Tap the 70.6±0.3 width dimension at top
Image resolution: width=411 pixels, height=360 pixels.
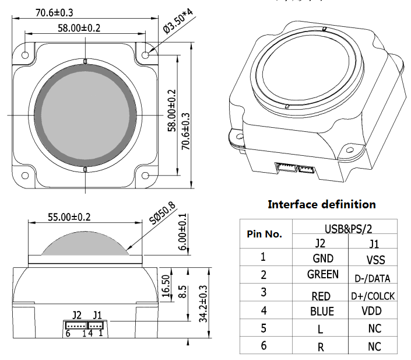[x=57, y=12]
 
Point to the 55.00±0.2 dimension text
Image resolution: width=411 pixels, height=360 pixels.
[x=69, y=216]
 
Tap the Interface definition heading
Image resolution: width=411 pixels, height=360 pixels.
[x=321, y=204]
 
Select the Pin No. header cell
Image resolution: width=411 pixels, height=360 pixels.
[x=265, y=235]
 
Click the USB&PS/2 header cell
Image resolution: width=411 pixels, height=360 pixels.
[x=345, y=229]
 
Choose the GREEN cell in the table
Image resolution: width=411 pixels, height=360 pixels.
[x=322, y=274]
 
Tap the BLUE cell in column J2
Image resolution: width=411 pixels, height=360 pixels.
[x=322, y=312]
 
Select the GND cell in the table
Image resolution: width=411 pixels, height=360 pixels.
[x=322, y=258]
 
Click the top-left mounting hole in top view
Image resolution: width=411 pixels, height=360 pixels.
[x=26, y=54]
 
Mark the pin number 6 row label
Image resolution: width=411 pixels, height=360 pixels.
[x=264, y=346]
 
